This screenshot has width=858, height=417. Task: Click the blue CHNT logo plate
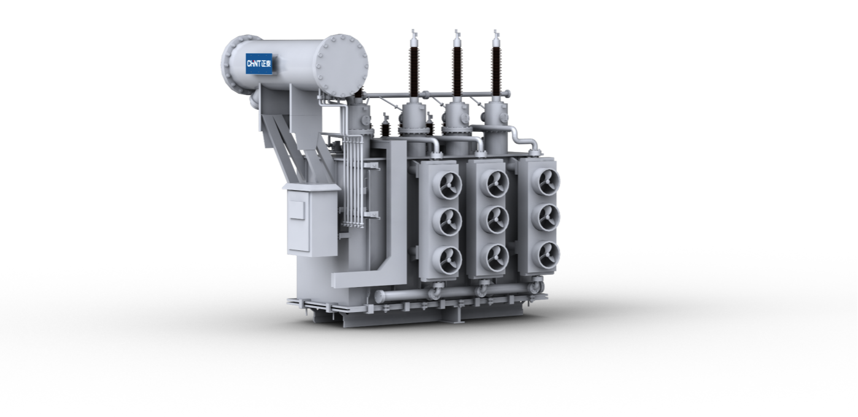pyautogui.click(x=259, y=64)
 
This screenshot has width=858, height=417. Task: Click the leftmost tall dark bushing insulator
pyautogui.click(x=414, y=71)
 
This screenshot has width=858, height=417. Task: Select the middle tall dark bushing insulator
pyautogui.click(x=457, y=71)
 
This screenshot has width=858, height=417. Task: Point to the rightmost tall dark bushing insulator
pyautogui.click(x=497, y=71)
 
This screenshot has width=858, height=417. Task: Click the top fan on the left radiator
pyautogui.click(x=448, y=185)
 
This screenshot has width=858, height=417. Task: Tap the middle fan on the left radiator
pyautogui.click(x=448, y=221)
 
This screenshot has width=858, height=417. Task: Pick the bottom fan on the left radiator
pyautogui.click(x=448, y=261)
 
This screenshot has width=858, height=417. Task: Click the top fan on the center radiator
pyautogui.click(x=496, y=183)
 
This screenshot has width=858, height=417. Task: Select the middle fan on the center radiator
pyautogui.click(x=496, y=220)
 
